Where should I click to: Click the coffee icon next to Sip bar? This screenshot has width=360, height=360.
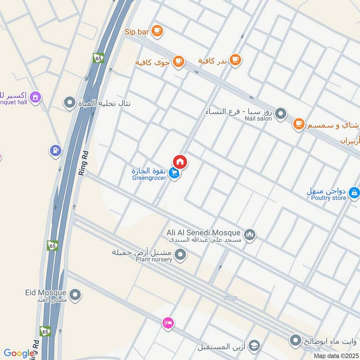pos(157,31)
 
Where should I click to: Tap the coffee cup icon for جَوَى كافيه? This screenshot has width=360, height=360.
pos(179,61)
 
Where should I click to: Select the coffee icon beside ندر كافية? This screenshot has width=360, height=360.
pos(235,59)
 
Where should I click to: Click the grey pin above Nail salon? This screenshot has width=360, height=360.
pos(280,113)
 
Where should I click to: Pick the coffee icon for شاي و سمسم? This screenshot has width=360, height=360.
pos(298,124)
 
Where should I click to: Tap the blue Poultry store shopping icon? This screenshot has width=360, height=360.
pos(354,193)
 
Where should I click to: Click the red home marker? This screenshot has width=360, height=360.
pos(180,162)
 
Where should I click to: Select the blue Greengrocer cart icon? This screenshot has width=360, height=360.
pos(175,173)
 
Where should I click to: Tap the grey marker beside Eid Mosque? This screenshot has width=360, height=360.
pos(75,295)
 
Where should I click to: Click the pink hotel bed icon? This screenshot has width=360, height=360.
pos(168,323)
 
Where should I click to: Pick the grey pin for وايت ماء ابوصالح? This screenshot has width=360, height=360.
pos(296,340)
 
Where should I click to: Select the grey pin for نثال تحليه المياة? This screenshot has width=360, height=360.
pos(69,103)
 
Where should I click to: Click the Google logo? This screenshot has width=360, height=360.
pos(19,353)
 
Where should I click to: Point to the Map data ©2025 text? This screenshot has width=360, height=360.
pos(335,355)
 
